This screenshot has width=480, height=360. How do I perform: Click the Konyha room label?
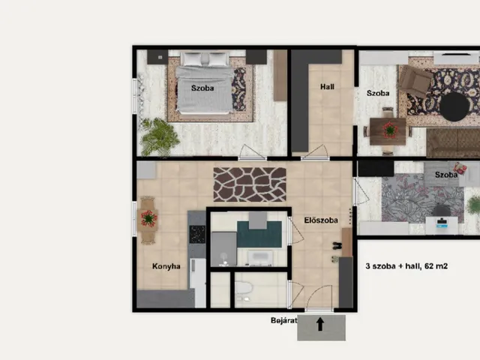click(166, 266)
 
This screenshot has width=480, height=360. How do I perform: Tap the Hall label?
click(327, 87)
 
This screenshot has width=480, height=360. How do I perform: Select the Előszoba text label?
click(321, 220)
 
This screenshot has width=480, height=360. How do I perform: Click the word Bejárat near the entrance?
click(283, 320)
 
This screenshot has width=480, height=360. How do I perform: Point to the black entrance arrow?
click(320, 324)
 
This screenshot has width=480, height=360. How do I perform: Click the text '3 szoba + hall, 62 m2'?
click(406, 266)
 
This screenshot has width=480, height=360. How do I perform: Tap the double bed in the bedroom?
click(205, 82)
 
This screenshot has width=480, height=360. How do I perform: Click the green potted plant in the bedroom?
click(160, 136)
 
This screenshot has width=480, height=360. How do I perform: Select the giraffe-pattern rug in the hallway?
click(250, 184)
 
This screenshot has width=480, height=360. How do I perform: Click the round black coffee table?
click(454, 106)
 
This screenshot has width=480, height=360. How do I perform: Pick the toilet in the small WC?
click(244, 288)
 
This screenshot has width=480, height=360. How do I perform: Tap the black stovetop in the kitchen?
click(197, 234)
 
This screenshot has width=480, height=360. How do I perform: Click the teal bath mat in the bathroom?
click(259, 234)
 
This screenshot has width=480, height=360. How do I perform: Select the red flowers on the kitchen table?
click(149, 218)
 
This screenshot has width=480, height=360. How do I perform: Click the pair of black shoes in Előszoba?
click(337, 245)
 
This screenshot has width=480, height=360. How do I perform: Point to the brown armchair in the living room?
click(415, 80)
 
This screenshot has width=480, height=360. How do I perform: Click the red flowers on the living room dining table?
click(390, 130)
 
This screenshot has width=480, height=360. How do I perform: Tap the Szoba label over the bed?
click(202, 88)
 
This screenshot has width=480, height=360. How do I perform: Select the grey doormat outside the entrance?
click(322, 328)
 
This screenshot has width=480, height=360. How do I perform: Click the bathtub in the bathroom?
click(259, 258)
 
